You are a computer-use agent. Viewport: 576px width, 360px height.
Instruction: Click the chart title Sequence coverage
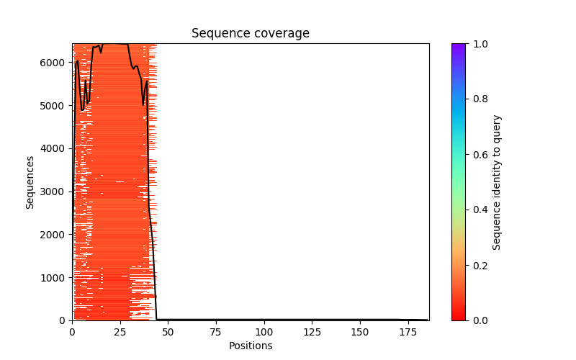click(x=251, y=33)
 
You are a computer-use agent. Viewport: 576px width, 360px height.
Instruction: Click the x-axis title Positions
click(x=251, y=346)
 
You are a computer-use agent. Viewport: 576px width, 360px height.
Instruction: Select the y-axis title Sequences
click(x=30, y=181)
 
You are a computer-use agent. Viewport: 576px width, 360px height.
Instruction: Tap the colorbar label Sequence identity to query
click(x=497, y=182)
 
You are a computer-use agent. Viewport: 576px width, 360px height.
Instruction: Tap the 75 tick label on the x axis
click(x=216, y=332)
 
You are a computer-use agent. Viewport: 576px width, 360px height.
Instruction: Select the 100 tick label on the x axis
click(x=264, y=332)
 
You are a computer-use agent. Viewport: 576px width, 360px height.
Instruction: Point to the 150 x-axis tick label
click(x=360, y=332)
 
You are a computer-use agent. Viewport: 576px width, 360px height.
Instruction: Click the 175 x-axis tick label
click(x=408, y=332)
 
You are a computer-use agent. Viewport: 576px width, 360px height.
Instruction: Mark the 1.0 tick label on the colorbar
click(x=479, y=44)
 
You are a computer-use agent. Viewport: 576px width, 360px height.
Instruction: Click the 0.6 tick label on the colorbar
click(x=479, y=155)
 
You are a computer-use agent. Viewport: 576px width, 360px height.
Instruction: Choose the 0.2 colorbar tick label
click(x=479, y=265)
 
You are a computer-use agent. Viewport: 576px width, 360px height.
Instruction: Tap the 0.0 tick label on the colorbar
click(x=479, y=320)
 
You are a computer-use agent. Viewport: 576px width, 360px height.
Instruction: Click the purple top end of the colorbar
click(x=459, y=46)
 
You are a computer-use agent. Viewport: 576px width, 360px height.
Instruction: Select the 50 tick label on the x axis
click(x=168, y=332)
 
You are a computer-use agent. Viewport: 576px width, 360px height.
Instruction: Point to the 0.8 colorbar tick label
click(x=479, y=99)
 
